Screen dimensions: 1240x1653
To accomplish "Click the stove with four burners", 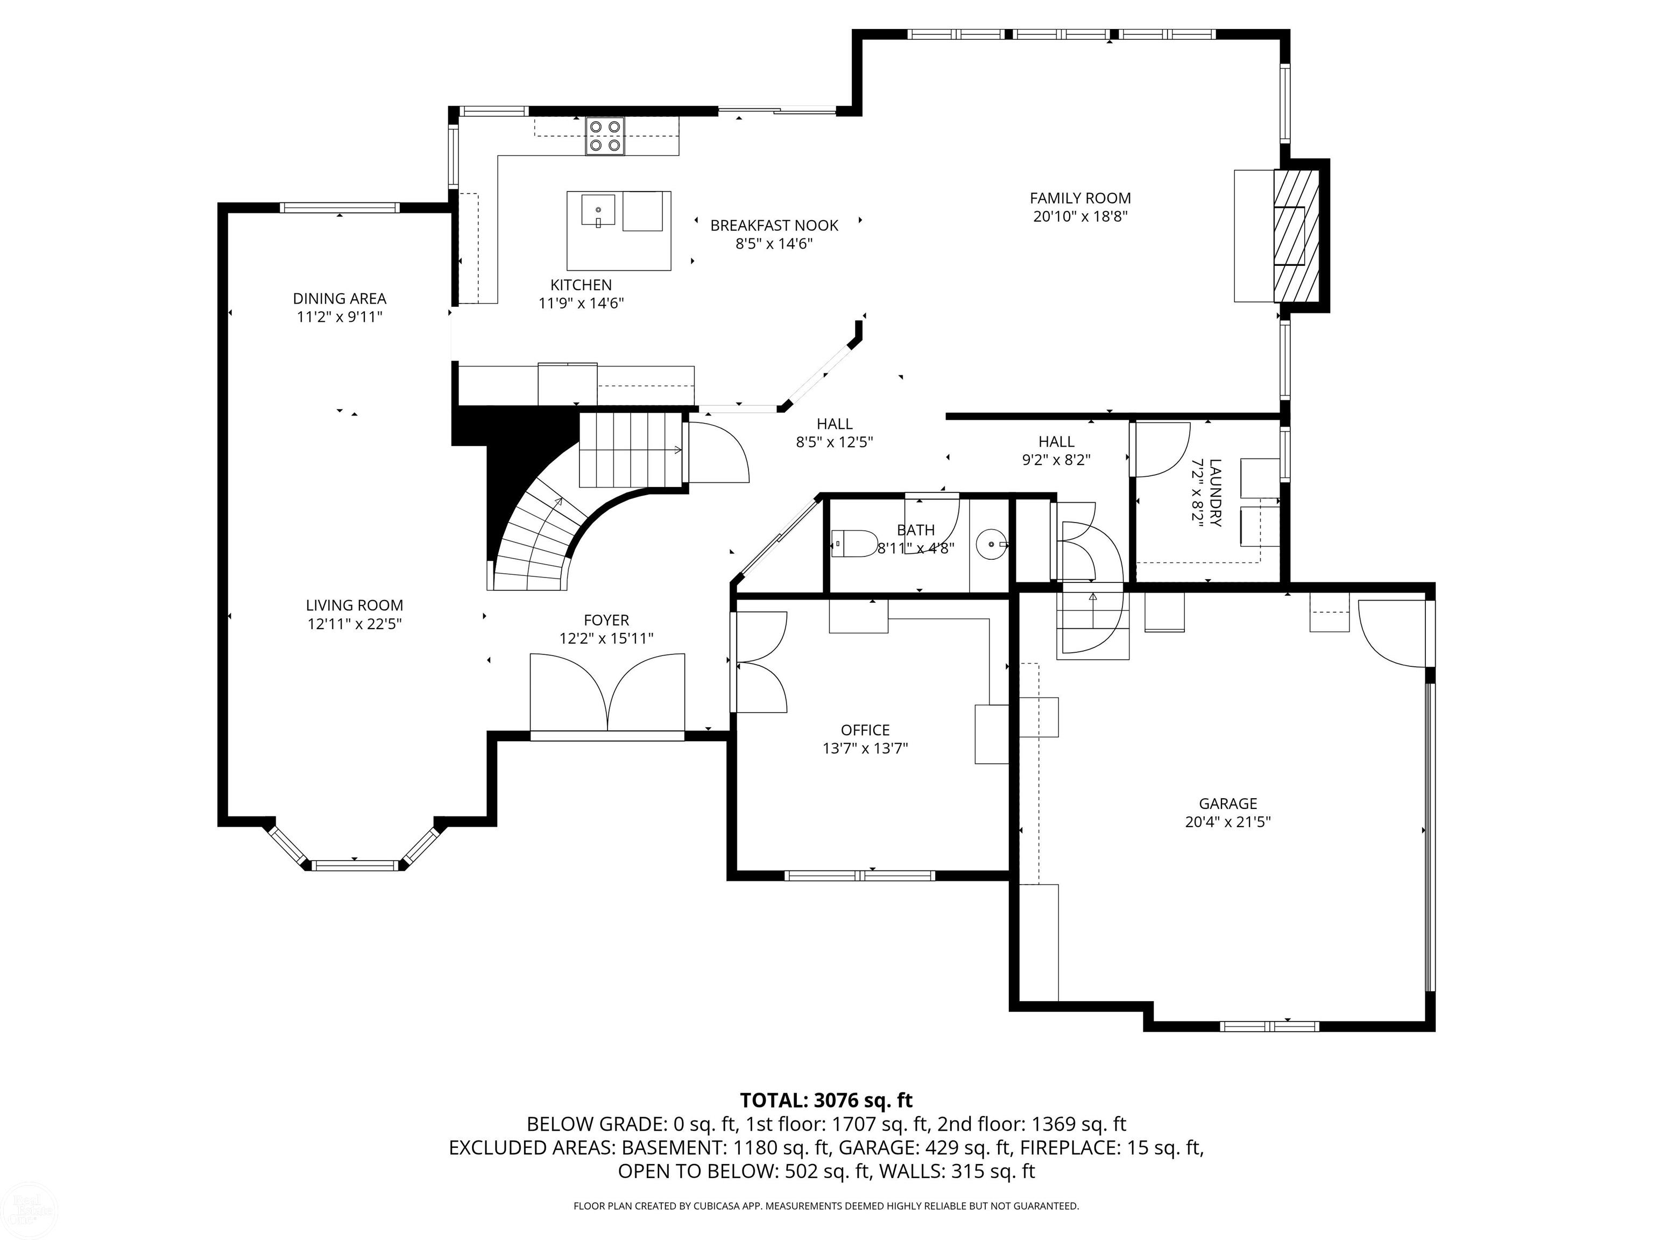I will pyautogui.click(x=605, y=136).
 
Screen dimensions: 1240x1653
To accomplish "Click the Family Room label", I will pyautogui.click(x=1080, y=198).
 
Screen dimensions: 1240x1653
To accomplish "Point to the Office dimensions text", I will pyautogui.click(x=865, y=748).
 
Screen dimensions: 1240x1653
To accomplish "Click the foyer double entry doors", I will pyautogui.click(x=607, y=693).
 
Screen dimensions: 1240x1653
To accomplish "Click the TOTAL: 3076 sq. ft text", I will pyautogui.click(x=826, y=1100).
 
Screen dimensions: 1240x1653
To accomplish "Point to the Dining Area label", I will pyautogui.click(x=340, y=298).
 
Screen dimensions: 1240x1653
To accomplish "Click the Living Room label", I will pyautogui.click(x=354, y=605).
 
